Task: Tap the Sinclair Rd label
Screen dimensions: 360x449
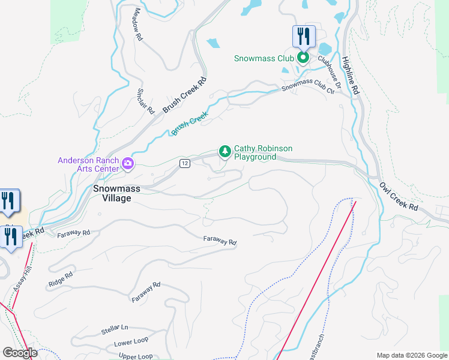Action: click(146, 101)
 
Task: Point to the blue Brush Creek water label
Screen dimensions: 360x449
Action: click(190, 123)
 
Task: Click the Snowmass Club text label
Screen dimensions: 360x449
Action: click(264, 58)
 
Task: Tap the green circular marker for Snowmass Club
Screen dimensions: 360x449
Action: click(303, 58)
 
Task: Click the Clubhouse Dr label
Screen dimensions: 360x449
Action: click(330, 72)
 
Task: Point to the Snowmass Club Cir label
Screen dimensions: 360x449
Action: click(308, 86)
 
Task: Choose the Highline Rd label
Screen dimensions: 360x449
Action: click(350, 76)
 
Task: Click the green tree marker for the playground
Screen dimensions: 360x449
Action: click(225, 151)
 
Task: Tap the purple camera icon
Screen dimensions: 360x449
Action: click(127, 163)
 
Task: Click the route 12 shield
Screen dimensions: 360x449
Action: click(184, 164)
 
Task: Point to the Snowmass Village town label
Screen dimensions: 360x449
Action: click(116, 193)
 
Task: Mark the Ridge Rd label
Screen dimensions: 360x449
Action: click(61, 278)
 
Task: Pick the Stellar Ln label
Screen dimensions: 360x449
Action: click(115, 329)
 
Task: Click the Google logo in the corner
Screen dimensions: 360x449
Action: click(20, 353)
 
